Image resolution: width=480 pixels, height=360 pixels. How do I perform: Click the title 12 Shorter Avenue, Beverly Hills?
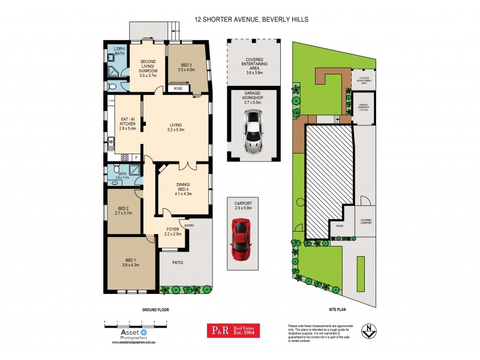(251, 19)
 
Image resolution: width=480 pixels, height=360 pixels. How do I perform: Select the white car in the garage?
(253, 133)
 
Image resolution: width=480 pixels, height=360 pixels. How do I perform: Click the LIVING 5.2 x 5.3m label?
(176, 128)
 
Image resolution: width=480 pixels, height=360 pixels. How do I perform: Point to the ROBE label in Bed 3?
(178, 89)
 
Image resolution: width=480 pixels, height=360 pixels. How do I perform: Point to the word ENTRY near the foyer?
(190, 226)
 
